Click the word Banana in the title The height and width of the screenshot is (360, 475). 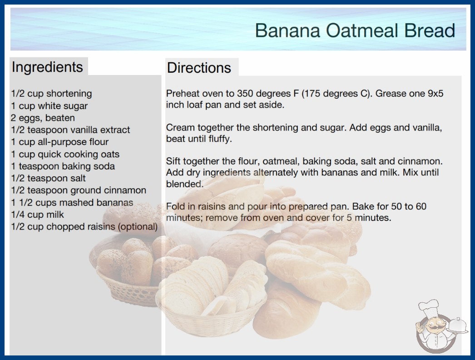[x=287, y=30]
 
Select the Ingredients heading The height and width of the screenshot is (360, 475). [x=47, y=67]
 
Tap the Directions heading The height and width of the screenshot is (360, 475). [x=199, y=68]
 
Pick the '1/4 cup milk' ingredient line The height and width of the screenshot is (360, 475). [x=38, y=215]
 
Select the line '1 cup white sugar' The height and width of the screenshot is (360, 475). [x=49, y=106]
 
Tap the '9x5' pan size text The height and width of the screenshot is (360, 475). [x=435, y=94]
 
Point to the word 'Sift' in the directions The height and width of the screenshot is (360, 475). [x=173, y=161]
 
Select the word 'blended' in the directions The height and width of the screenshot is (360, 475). [x=183, y=184]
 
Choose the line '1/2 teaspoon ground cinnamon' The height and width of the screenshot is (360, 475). [x=79, y=190]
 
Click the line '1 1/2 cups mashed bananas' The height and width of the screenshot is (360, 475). [x=72, y=203]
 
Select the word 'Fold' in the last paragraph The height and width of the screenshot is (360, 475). [x=175, y=206]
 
